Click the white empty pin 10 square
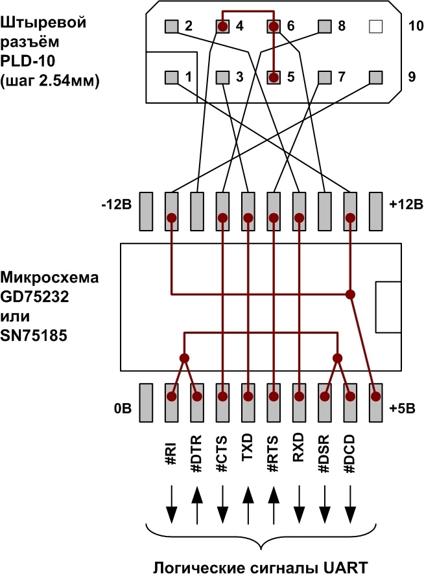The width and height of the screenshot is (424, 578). pos(375,27)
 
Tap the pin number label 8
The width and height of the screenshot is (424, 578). pos(342,27)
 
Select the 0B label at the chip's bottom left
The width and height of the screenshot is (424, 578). pos(123,409)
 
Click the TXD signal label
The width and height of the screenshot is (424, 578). pos(248,447)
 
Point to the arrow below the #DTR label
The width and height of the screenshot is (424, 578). pos(196,505)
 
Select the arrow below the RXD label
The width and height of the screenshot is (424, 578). pos(299,505)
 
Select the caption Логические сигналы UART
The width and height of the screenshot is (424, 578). pos(261,567)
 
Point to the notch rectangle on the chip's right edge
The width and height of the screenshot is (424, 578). pos(388,306)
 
